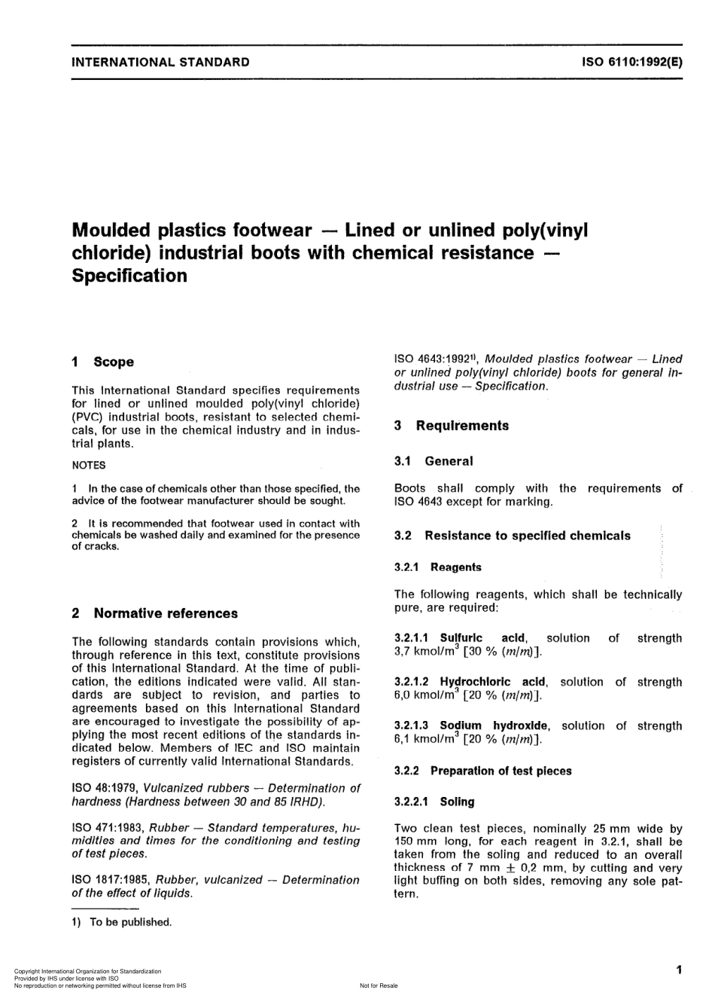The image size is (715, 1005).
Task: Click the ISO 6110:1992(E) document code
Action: click(x=631, y=63)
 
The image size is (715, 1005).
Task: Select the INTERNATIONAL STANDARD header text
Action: click(x=160, y=63)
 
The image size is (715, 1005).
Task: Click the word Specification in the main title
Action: click(x=129, y=276)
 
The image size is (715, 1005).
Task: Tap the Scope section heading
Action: click(x=113, y=362)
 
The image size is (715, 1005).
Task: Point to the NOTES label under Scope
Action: click(x=89, y=466)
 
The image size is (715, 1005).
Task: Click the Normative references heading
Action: click(x=165, y=614)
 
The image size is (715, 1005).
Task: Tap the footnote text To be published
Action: click(x=130, y=922)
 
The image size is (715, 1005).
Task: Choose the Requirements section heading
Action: click(x=461, y=426)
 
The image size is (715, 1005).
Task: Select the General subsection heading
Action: click(x=449, y=462)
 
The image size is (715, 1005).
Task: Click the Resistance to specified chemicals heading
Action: click(x=527, y=536)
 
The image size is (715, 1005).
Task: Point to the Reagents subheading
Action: click(x=456, y=568)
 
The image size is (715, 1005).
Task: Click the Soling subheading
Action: click(x=457, y=802)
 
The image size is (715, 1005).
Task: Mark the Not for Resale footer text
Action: click(x=379, y=986)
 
